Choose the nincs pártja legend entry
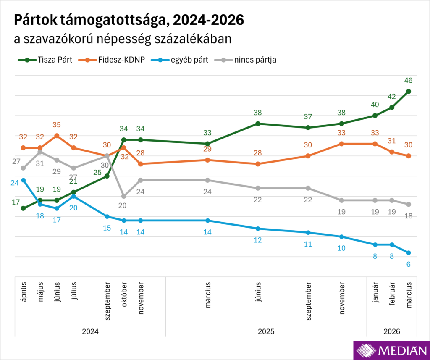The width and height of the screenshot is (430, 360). pyautogui.click(x=251, y=60)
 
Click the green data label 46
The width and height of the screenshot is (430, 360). pyautogui.click(x=408, y=80)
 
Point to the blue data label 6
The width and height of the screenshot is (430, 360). pyautogui.click(x=408, y=264)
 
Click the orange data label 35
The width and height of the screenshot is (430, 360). pyautogui.click(x=57, y=125)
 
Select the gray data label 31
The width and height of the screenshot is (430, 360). pyautogui.click(x=40, y=164)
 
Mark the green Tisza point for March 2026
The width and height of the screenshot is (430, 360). pyautogui.click(x=409, y=91)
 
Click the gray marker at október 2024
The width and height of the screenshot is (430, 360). pyautogui.click(x=124, y=196)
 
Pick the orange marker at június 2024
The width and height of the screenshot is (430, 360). pyautogui.click(x=57, y=136)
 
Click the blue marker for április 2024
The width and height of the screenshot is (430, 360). pyautogui.click(x=24, y=180)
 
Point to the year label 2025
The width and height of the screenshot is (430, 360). pyautogui.click(x=266, y=331)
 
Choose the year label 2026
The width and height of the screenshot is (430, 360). pyautogui.click(x=392, y=331)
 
